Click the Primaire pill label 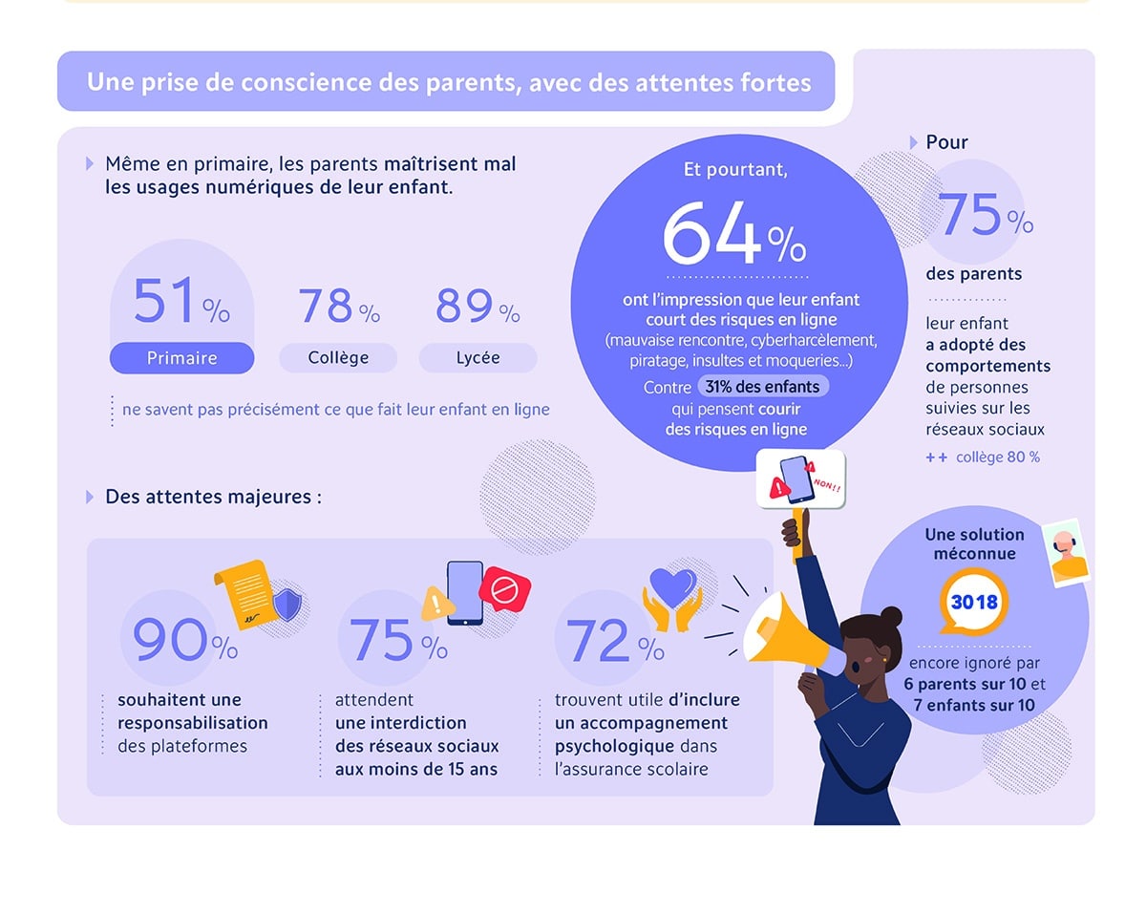[x=181, y=358]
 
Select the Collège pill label [x=338, y=358]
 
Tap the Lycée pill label [x=477, y=358]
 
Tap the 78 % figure [x=339, y=307]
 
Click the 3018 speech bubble [x=973, y=603]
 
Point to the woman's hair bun [x=891, y=616]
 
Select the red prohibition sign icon [x=504, y=591]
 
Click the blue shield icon [x=287, y=605]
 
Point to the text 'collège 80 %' [x=997, y=457]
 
